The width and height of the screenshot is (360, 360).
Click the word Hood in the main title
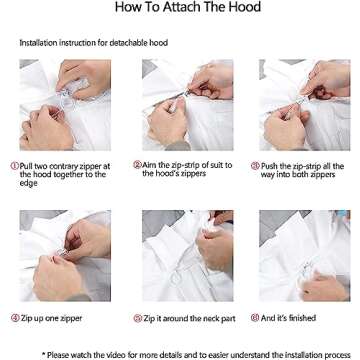tap(245, 7)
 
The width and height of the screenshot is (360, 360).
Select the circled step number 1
tap(15, 166)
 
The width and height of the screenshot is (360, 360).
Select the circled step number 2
tap(137, 165)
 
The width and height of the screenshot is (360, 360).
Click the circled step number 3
tap(255, 166)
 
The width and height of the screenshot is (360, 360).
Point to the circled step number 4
tap(15, 318)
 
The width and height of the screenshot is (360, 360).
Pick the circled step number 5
tap(138, 318)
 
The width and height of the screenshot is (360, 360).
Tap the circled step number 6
tap(255, 318)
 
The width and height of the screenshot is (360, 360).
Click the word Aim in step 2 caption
tap(148, 165)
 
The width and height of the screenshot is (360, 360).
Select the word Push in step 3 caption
tap(269, 166)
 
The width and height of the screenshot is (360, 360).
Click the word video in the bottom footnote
tap(136, 355)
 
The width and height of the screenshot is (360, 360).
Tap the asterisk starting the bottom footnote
tap(43, 354)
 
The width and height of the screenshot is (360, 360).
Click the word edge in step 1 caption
tap(28, 183)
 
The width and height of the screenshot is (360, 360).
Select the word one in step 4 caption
tap(53, 319)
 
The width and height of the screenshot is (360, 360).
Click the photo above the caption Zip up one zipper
tap(65, 256)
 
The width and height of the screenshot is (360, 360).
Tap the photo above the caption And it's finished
tap(305, 256)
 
